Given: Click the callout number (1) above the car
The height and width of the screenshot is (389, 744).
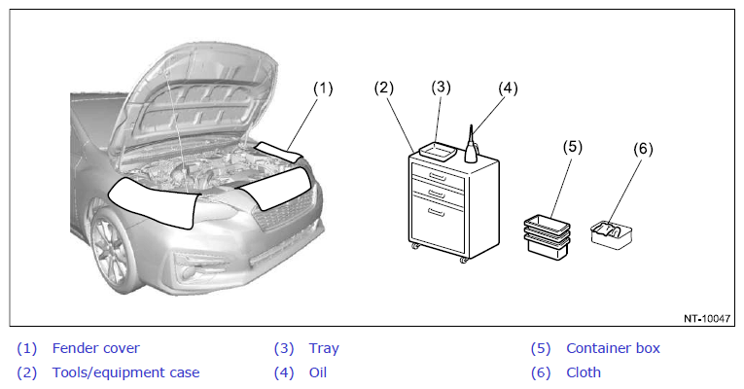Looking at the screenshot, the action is pos(323,88).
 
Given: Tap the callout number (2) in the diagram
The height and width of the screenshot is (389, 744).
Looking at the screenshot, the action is pos(384,88).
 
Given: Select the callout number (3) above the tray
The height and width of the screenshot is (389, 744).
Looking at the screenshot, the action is pos(441,87).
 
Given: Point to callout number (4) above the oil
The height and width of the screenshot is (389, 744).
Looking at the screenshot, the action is pos(508,88).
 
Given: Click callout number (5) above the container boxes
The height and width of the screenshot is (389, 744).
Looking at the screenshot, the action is pos(572,147).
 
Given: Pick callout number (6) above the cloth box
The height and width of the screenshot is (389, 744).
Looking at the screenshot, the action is pos(643,149).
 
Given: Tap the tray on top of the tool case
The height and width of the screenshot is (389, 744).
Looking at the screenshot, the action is pos(438,152).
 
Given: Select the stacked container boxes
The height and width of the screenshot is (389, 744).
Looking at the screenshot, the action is pos(548,236).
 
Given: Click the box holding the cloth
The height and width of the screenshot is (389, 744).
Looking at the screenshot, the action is pos(612,234).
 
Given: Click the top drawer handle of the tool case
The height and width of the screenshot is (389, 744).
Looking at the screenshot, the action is pos(437,177).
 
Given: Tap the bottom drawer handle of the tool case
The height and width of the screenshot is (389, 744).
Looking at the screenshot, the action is pos(437,212).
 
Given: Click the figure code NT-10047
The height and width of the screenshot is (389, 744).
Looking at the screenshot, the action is pos(706,318).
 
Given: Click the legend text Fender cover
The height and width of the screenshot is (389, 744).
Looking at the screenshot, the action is pos(96,348).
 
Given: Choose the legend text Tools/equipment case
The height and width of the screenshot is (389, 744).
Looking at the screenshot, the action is pos(125,372).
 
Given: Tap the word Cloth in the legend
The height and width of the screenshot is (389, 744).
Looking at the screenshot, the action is pos(584,372).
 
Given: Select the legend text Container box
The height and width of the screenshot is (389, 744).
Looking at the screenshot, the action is pos(613,348).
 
